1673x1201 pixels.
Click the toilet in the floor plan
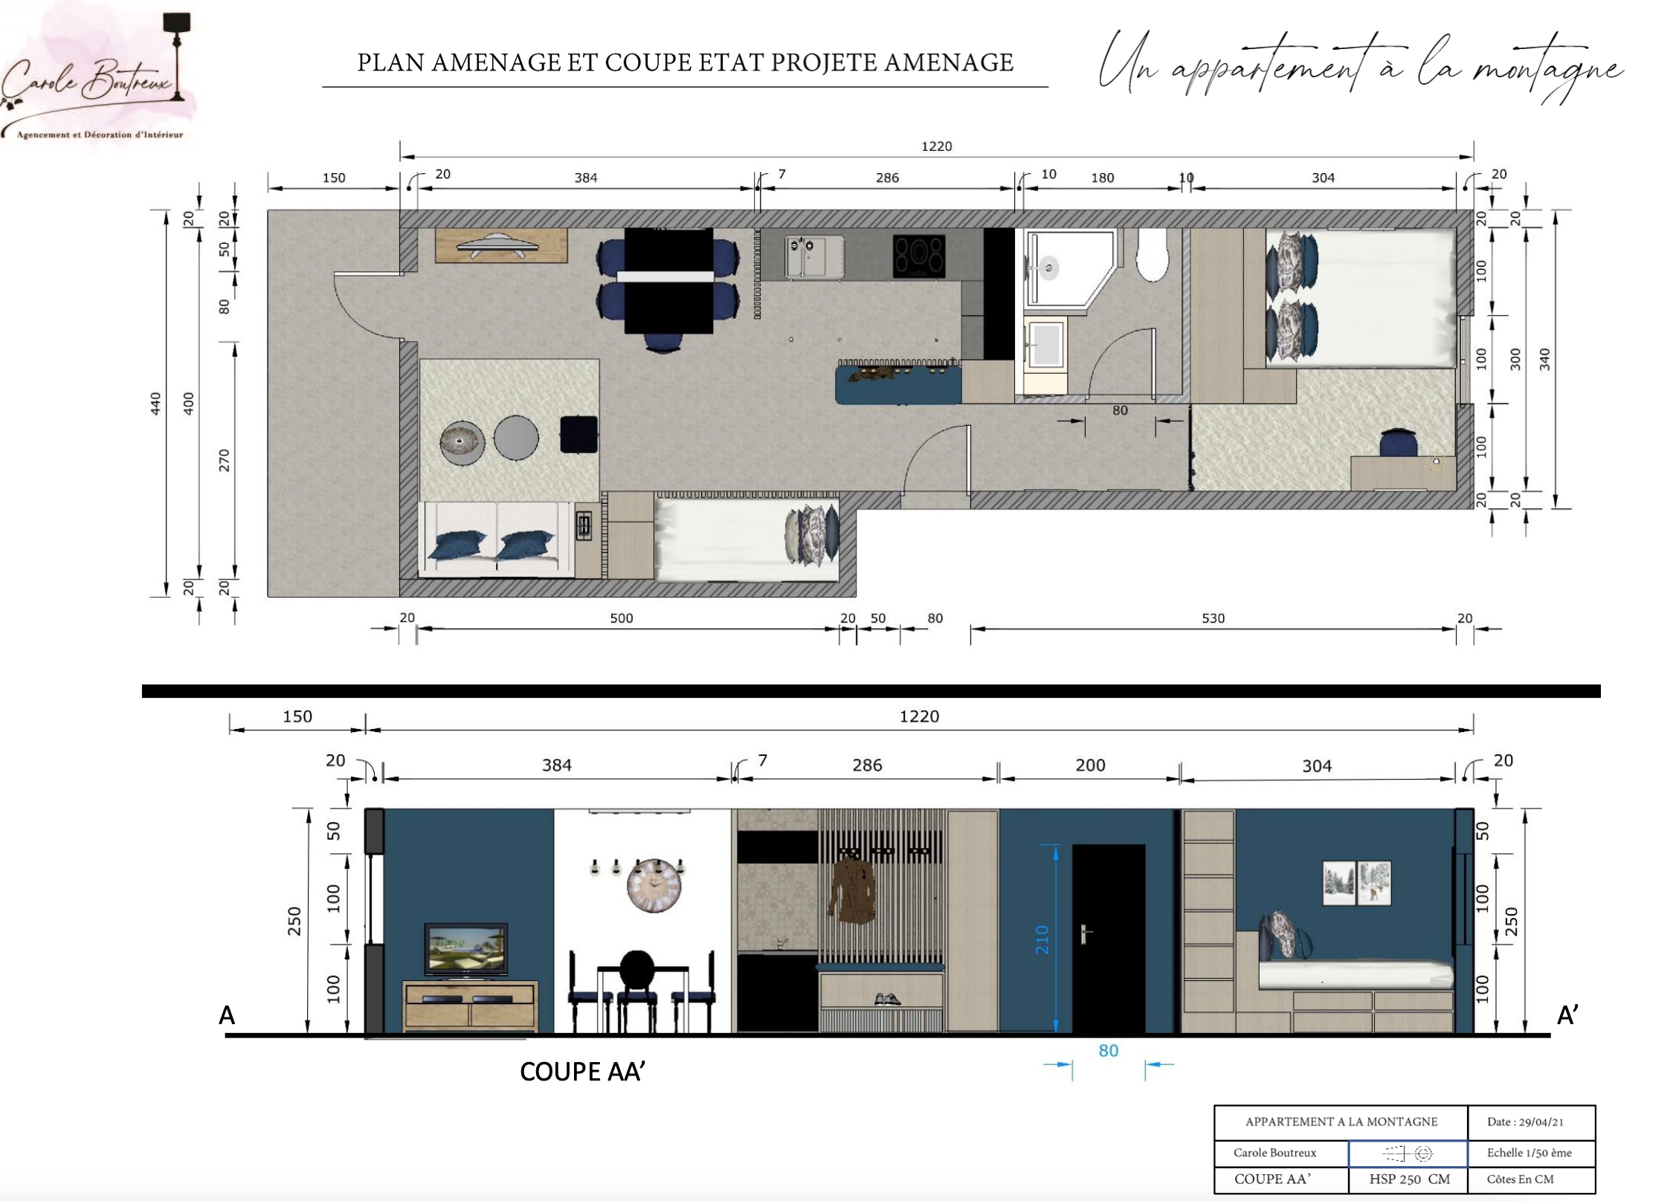tap(1153, 255)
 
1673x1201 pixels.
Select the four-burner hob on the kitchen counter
tap(918, 256)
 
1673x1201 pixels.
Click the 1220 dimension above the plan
tap(936, 146)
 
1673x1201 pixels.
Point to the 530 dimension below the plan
tap(1213, 618)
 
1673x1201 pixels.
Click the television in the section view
tap(466, 948)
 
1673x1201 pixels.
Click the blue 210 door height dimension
tap(1042, 939)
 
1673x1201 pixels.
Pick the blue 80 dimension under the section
tap(1108, 1051)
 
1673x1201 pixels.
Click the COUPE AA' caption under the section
tap(582, 1072)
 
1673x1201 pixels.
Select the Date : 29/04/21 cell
tap(1525, 1122)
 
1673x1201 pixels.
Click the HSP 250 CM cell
tap(1409, 1179)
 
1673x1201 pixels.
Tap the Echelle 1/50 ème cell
tap(1529, 1153)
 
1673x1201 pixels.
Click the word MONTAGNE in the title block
tap(1404, 1122)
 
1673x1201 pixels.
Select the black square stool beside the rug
tap(578, 435)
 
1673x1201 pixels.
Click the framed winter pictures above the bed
tap(1356, 883)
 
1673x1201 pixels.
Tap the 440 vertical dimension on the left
tap(155, 404)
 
